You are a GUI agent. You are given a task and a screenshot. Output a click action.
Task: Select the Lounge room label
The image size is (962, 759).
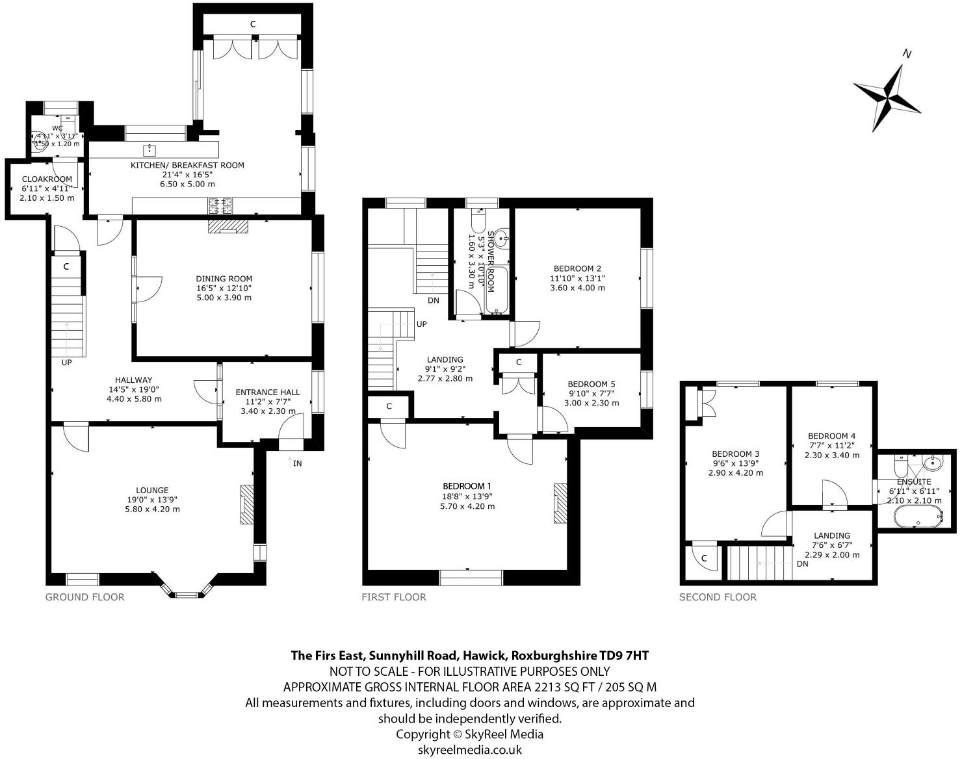(152, 490)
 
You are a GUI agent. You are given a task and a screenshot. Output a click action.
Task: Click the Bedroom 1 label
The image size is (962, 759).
(467, 486)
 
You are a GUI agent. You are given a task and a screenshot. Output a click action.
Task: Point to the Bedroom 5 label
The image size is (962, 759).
(591, 384)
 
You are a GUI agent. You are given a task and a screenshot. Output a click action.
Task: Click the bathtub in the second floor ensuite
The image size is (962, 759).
(916, 518)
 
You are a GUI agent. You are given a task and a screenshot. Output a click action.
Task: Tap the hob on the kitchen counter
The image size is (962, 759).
(220, 206)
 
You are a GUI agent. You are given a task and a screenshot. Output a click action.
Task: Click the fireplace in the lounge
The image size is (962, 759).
(247, 504)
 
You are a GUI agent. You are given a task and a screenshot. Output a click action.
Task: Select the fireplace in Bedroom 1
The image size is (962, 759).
(560, 504)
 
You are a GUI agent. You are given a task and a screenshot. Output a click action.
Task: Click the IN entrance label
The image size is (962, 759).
(297, 463)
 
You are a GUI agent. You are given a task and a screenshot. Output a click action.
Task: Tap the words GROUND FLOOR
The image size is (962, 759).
(84, 597)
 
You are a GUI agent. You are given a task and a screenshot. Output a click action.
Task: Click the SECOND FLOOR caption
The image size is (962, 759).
(718, 597)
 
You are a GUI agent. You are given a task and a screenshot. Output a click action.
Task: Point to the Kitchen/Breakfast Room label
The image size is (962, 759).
(187, 165)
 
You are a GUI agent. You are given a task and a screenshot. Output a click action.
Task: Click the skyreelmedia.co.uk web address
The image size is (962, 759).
(469, 749)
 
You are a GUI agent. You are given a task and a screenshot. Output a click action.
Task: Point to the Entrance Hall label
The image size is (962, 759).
(267, 392)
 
